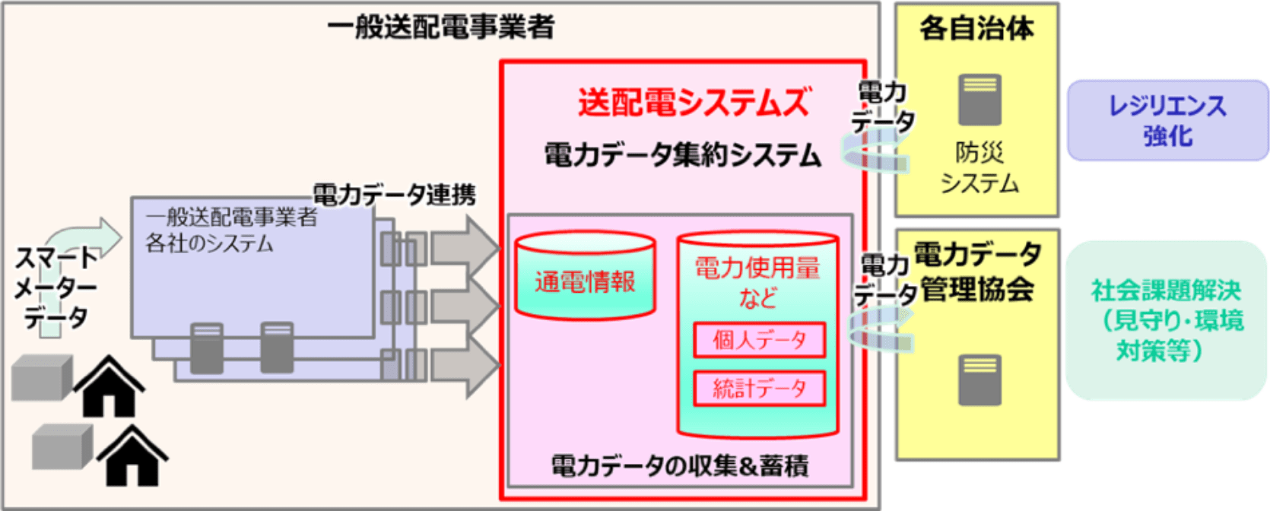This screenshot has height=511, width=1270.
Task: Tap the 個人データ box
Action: [759, 340]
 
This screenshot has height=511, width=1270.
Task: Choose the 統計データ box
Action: [759, 389]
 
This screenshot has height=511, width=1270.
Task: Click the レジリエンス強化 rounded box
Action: [1167, 121]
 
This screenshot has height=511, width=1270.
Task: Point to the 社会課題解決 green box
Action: [1167, 320]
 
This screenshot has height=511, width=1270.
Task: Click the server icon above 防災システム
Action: [979, 99]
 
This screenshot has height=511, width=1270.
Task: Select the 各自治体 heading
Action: [977, 28]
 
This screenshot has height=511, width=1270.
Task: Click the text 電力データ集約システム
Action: [682, 155]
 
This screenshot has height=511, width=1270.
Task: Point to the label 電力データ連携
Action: [394, 195]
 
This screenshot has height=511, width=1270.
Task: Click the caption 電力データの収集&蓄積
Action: [679, 465]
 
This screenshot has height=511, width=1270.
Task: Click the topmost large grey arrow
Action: [465, 247]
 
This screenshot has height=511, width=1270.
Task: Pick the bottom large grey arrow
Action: [465, 365]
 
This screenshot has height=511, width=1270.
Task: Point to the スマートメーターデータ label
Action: [56, 287]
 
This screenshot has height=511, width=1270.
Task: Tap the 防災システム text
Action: [979, 168]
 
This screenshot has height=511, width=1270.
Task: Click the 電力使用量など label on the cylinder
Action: [757, 282]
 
